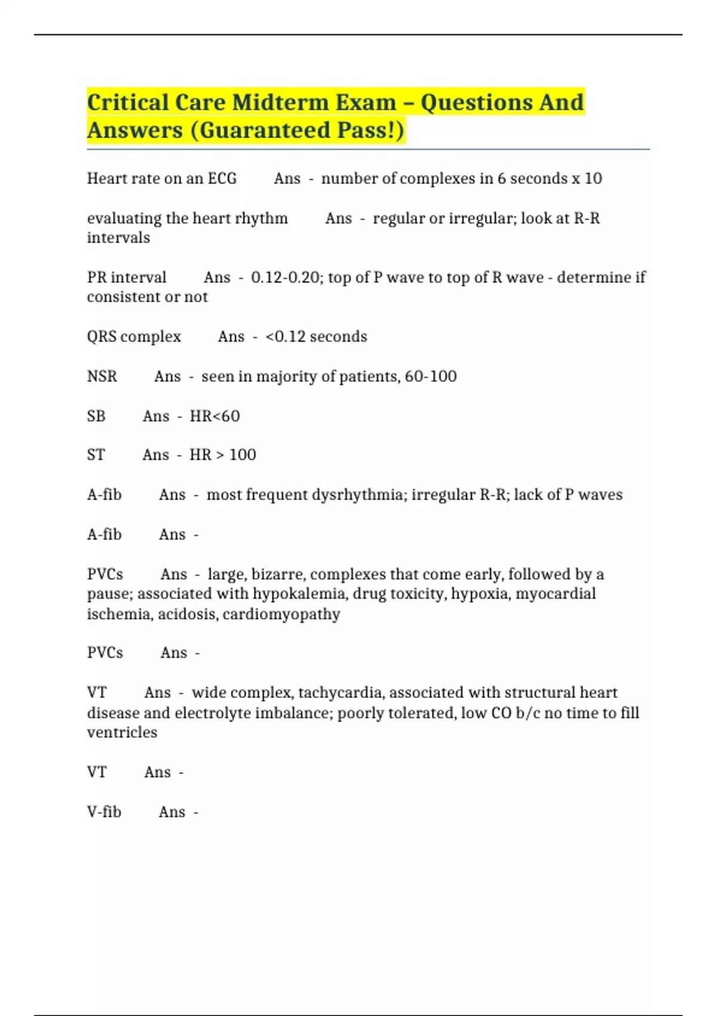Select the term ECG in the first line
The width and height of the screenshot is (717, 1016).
(222, 179)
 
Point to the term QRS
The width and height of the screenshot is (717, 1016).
(102, 336)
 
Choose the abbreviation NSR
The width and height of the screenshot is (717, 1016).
(102, 377)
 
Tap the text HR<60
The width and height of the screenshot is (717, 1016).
(215, 416)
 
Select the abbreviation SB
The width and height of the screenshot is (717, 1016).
(96, 416)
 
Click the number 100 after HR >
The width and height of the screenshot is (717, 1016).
(243, 455)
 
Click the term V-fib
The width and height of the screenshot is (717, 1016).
(104, 812)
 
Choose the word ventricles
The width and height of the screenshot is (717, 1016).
(122, 733)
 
